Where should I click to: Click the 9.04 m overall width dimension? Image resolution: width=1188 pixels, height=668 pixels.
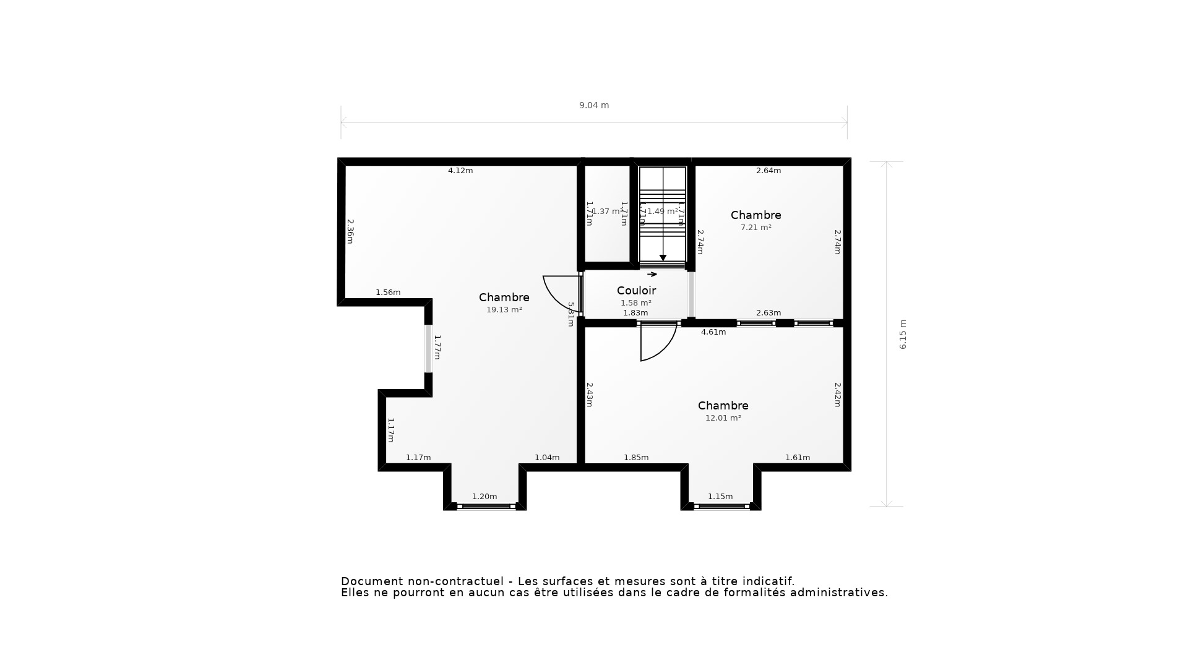coord(593,105)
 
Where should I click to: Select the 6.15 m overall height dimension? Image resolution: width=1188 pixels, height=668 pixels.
coord(903,334)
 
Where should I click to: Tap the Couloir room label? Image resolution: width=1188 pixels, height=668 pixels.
coord(636,290)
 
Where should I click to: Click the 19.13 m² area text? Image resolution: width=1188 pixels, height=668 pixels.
coord(504,310)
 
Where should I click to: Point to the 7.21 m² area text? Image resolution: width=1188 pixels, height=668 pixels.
coord(755,228)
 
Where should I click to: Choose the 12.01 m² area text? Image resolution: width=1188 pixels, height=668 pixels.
coord(723,418)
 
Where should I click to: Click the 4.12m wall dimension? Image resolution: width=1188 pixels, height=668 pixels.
coord(460,171)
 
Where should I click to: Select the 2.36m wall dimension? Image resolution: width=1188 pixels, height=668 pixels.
coord(350,231)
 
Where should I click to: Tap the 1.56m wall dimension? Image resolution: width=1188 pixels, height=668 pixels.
coord(388,293)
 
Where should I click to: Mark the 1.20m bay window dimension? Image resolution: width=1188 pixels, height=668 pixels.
coord(484,497)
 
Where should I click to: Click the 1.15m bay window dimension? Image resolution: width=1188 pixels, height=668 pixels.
coord(720,497)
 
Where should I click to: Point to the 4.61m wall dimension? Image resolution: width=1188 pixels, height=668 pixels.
coord(713,332)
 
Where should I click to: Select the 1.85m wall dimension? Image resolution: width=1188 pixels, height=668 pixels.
coord(636,458)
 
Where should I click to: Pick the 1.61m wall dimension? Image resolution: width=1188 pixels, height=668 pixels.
coord(798,458)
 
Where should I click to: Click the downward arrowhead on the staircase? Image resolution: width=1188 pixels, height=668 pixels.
coord(663,258)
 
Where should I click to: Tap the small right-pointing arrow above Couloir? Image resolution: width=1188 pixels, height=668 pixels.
coord(652,275)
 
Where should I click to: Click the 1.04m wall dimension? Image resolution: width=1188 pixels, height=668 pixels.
coord(547,458)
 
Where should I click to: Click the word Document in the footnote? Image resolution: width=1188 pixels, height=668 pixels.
coord(370,581)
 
